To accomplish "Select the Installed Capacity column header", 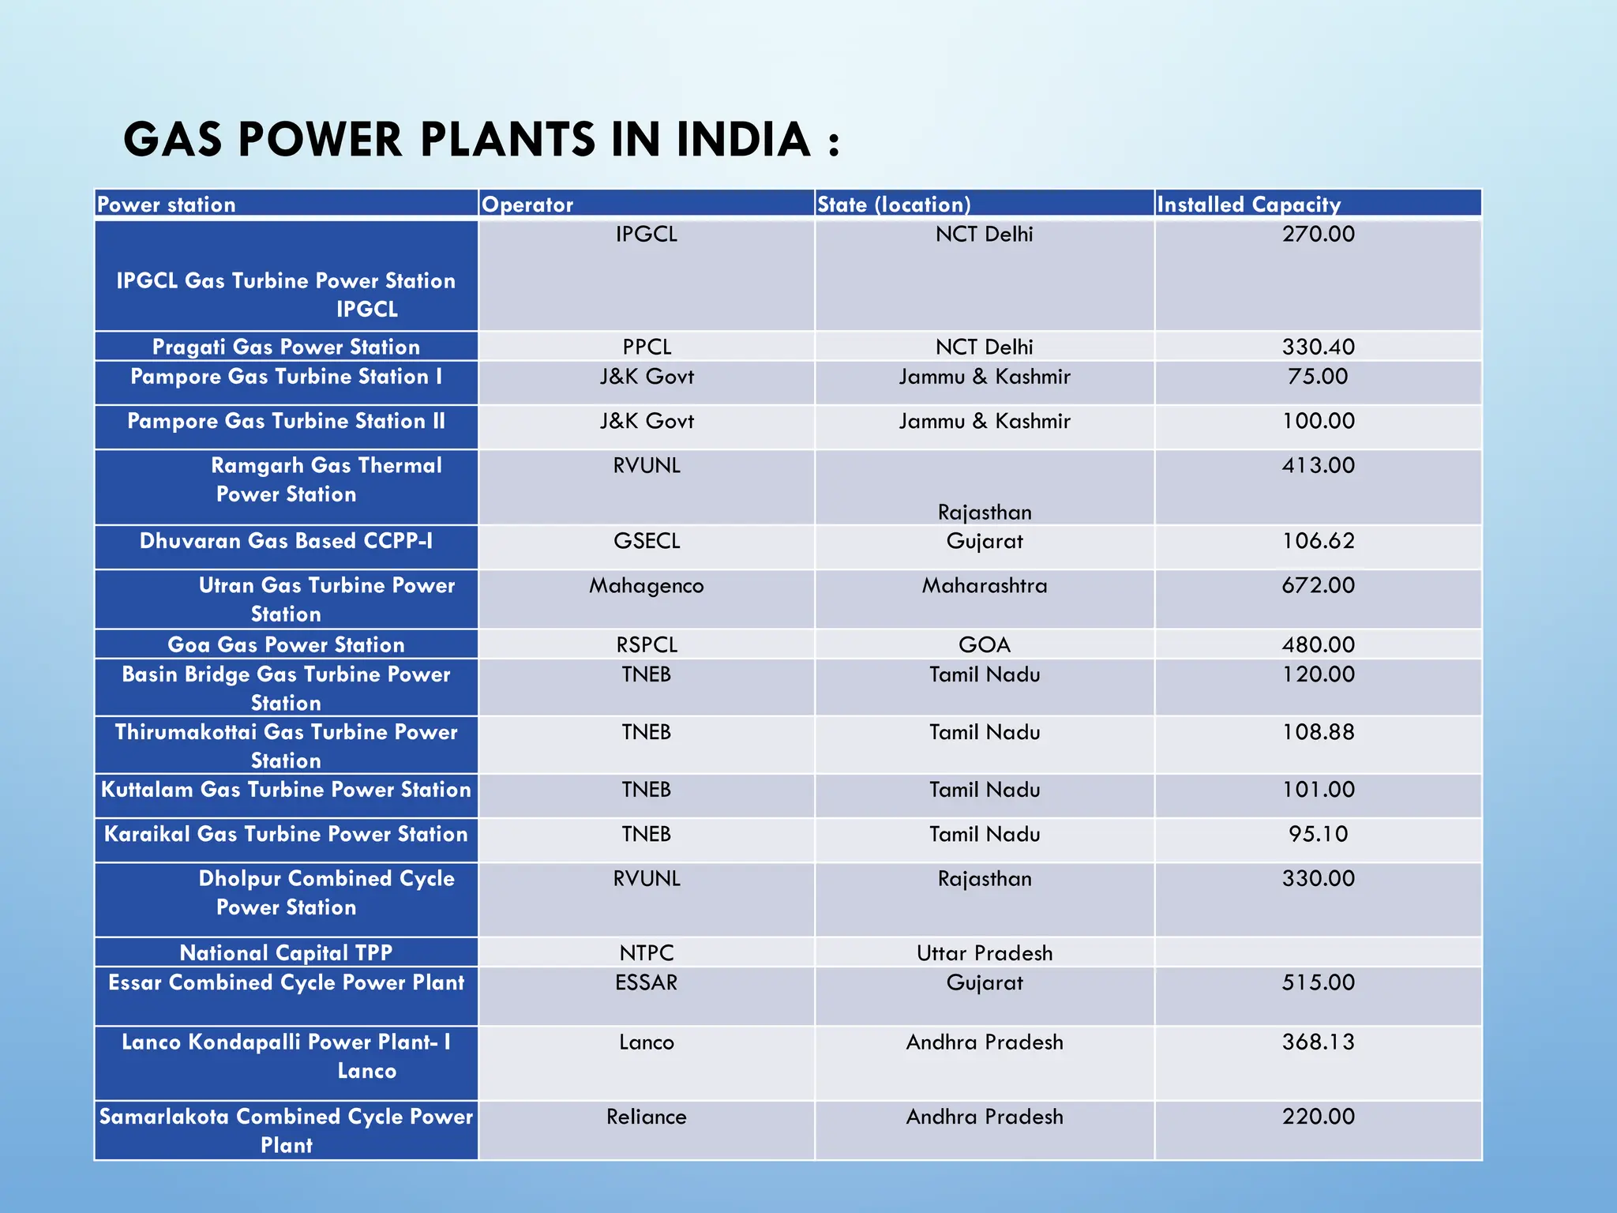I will point(1248,205).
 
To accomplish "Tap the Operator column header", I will point(527,205).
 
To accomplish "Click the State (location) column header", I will point(894,205).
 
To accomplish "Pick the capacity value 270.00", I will point(1318,234).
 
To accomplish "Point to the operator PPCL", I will point(647,347).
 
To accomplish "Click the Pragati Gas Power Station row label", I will point(286,347).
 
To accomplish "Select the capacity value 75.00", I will point(1318,376).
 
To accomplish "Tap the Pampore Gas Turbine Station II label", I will point(286,421).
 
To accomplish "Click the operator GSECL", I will point(647,541).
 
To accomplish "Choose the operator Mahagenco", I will point(647,585).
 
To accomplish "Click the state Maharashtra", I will point(985,585).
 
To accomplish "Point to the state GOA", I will point(985,644).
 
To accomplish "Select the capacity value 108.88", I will point(1318,732).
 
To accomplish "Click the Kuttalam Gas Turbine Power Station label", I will point(286,790).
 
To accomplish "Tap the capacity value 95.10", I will point(1318,834).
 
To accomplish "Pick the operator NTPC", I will point(647,952).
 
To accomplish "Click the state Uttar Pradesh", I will point(985,952).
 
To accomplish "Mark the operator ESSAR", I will point(647,982).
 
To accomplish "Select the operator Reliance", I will point(647,1117).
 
